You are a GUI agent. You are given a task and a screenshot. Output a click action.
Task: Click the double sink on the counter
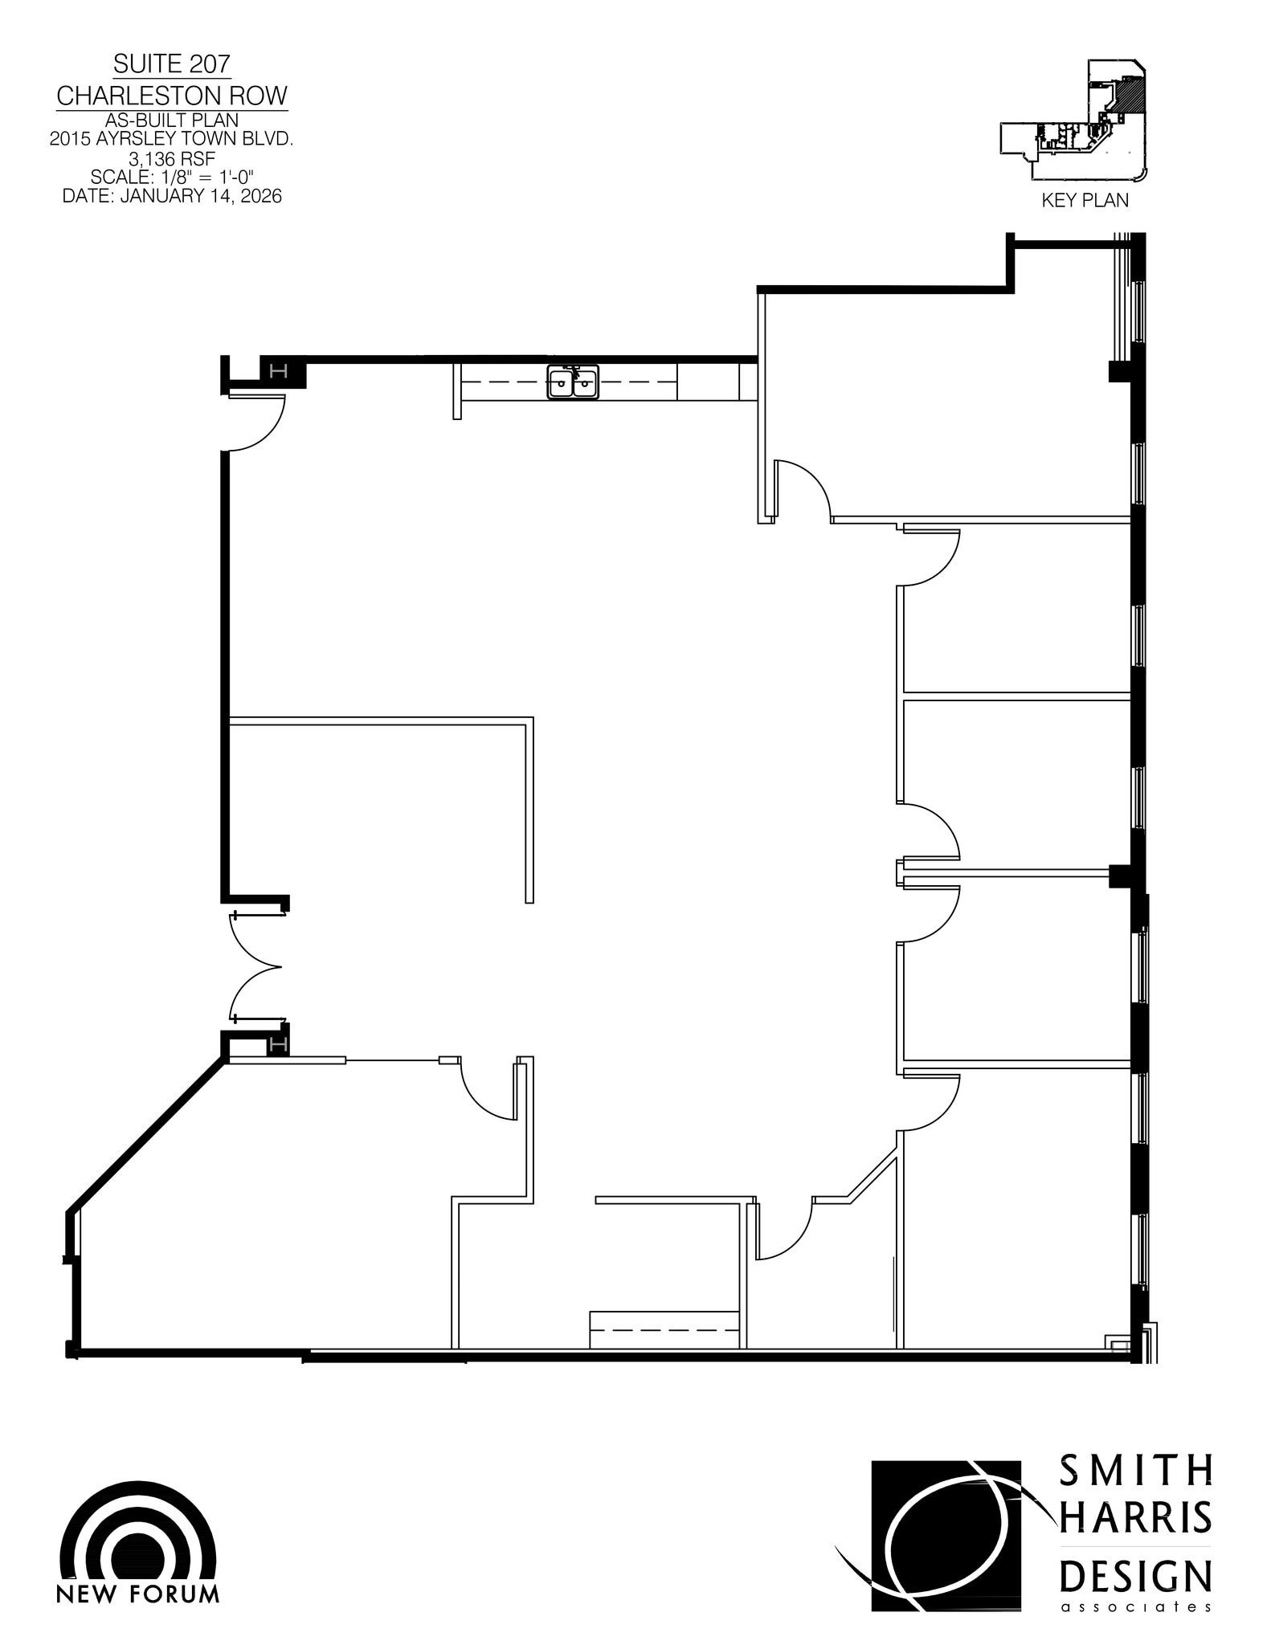pos(573,382)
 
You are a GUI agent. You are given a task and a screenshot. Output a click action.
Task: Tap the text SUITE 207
pos(172,63)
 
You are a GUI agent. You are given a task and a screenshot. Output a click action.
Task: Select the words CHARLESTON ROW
pos(172,96)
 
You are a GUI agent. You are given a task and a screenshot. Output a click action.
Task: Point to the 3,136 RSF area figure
pos(172,158)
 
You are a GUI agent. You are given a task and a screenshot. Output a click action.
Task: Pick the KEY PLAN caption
pos(1085,201)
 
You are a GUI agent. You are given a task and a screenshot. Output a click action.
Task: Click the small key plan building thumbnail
pos(1077,120)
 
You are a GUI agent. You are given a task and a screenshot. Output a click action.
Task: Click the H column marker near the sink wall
pos(279,371)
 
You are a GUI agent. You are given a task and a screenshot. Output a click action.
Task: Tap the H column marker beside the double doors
pos(279,1045)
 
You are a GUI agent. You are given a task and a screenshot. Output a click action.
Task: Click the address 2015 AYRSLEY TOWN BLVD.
pos(172,139)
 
